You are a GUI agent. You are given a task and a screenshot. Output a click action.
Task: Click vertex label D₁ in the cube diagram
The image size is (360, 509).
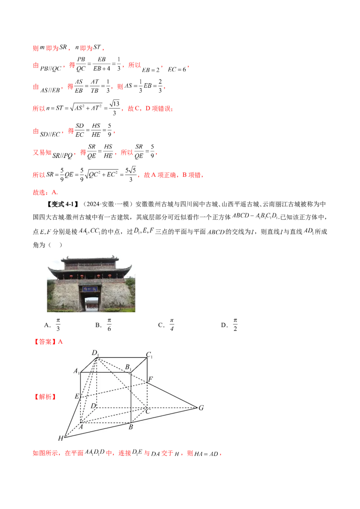(x=95, y=353)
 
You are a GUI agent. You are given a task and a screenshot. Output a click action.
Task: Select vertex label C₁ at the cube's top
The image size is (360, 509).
(x=149, y=355)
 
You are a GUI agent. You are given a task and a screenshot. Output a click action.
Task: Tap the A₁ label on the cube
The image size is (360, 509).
(x=76, y=371)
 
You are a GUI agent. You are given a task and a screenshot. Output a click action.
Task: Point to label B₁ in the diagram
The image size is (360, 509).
(x=128, y=368)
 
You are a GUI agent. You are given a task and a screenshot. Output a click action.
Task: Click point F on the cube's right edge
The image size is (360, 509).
(x=150, y=379)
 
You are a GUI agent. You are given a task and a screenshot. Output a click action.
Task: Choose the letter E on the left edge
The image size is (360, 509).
(x=77, y=397)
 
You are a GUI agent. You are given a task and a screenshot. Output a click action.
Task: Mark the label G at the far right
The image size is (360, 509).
(x=201, y=408)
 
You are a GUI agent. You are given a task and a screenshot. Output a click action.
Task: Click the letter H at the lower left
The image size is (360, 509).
(x=61, y=438)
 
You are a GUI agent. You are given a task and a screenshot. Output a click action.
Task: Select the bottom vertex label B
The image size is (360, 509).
(x=130, y=427)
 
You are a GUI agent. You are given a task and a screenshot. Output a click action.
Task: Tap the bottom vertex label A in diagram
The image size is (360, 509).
(x=81, y=427)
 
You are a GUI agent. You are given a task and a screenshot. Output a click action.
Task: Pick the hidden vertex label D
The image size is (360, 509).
(x=93, y=406)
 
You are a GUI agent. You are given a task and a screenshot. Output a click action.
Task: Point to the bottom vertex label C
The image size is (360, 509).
(x=147, y=411)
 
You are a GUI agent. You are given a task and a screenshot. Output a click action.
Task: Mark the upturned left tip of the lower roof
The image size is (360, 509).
(x=49, y=269)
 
